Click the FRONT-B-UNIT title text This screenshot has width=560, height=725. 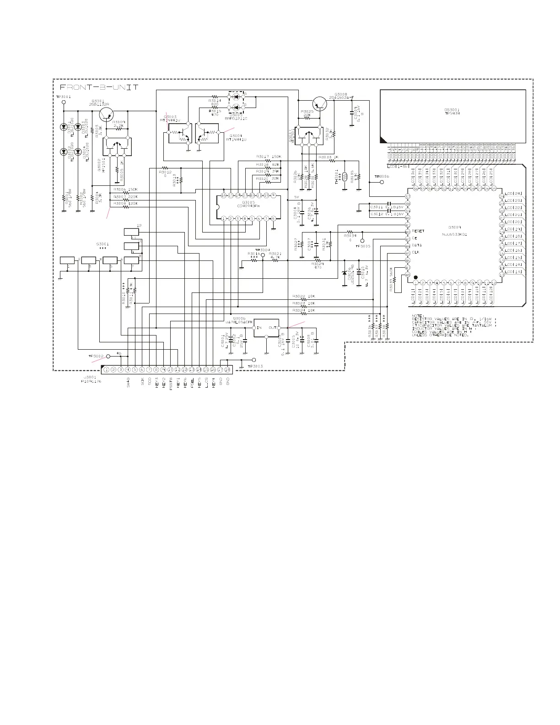[x=99, y=87]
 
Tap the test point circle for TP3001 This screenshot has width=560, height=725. [x=64, y=103]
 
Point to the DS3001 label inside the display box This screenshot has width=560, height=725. [x=452, y=109]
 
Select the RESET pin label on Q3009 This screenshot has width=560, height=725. [x=418, y=232]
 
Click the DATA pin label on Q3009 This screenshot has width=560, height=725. [x=417, y=245]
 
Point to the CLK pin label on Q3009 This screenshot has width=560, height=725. [x=416, y=252]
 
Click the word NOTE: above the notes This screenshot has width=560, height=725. [x=418, y=315]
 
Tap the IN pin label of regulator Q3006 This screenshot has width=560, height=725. [x=259, y=328]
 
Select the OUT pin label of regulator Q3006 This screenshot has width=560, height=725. [x=273, y=328]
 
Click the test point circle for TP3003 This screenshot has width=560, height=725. [x=254, y=359]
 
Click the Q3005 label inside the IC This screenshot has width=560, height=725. [x=249, y=202]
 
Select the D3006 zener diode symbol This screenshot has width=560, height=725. [x=344, y=274]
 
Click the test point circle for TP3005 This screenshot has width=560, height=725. [x=362, y=240]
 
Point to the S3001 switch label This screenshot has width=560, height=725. [x=102, y=244]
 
